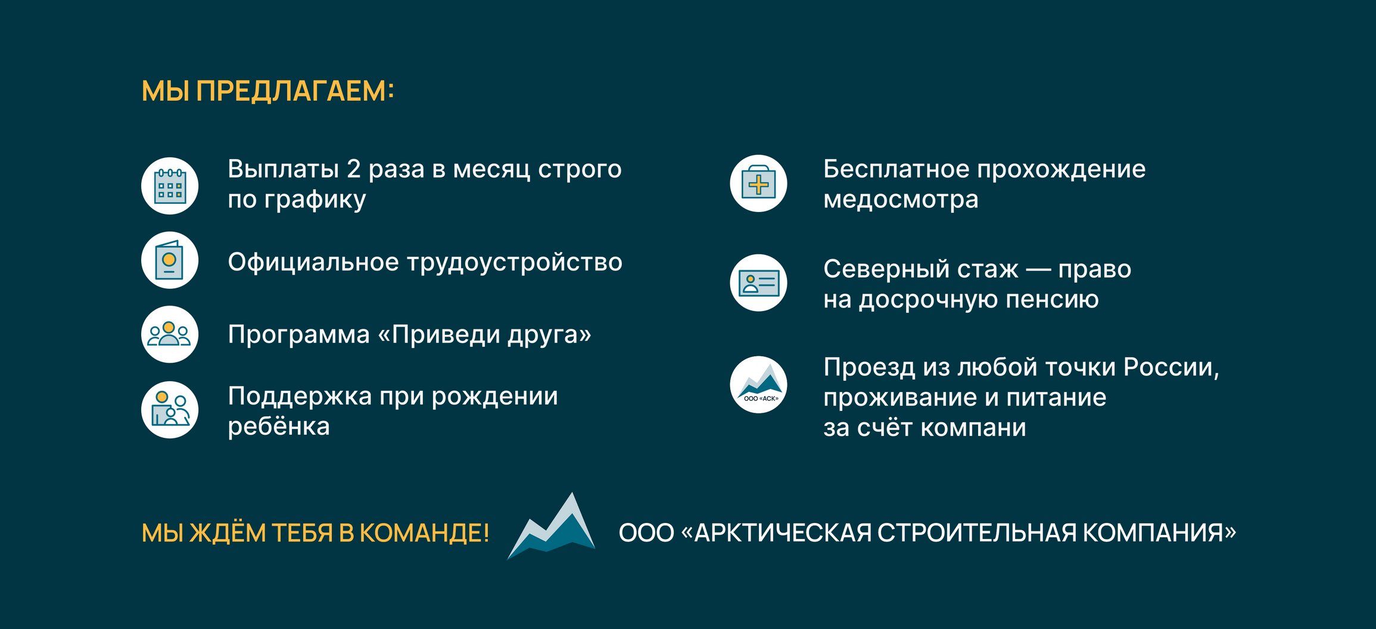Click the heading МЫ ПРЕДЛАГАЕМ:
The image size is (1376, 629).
(x=267, y=92)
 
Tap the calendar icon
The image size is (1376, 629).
(x=170, y=186)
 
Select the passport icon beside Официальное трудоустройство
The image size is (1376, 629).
(x=170, y=260)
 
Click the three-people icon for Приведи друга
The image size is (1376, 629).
(x=170, y=334)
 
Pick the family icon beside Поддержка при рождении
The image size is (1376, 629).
(x=170, y=410)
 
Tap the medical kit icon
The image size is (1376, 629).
(x=758, y=183)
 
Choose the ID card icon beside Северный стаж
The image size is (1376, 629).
(x=758, y=283)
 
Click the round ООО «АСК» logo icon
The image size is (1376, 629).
(x=758, y=385)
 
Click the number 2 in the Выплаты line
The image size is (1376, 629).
(x=353, y=169)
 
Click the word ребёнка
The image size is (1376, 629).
(x=279, y=426)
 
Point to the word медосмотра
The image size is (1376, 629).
(x=901, y=200)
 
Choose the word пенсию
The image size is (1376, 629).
(x=1052, y=300)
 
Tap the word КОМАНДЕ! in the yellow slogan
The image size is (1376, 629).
(x=424, y=533)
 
